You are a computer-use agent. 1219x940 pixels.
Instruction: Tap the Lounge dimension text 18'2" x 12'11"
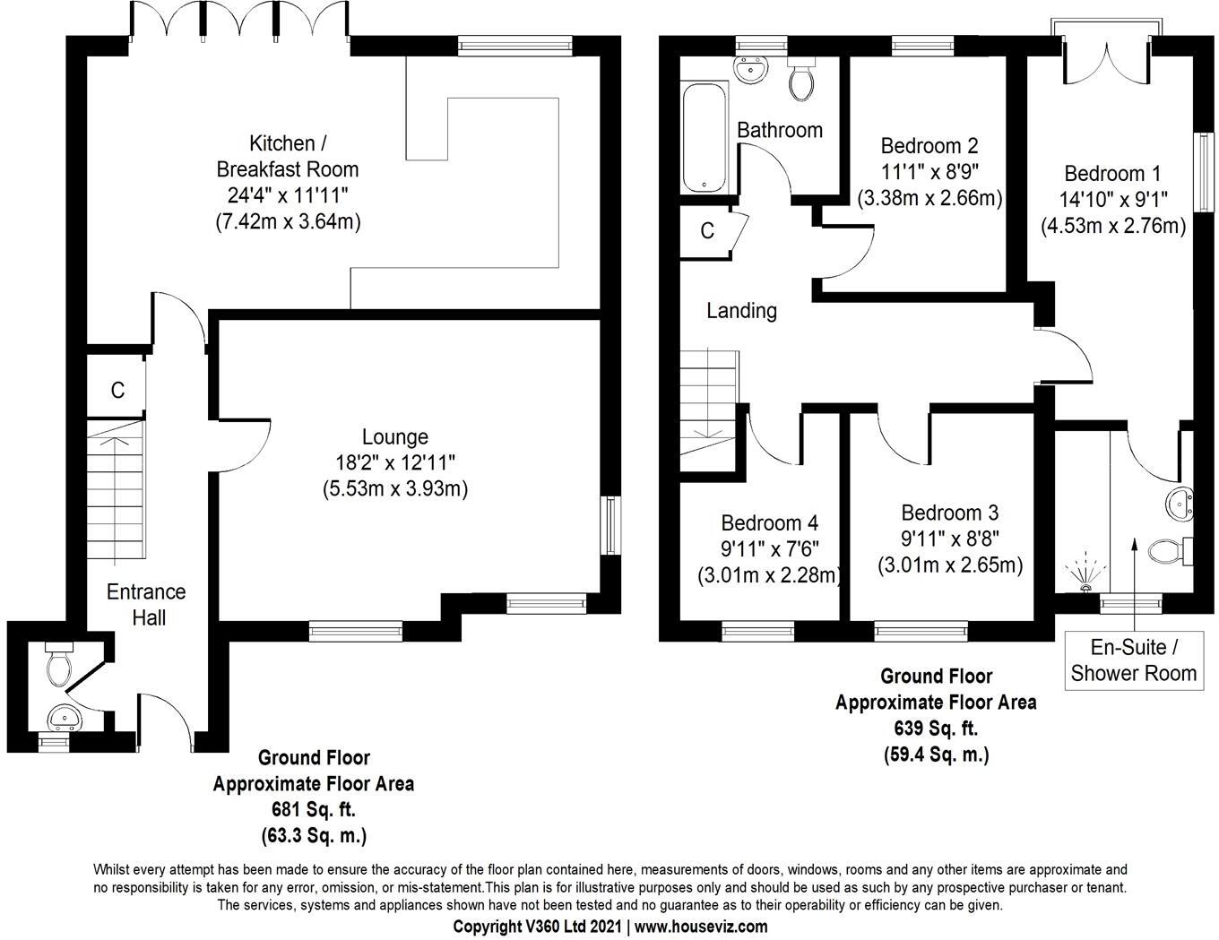point(394,462)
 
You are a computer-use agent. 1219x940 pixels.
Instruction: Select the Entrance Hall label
point(146,604)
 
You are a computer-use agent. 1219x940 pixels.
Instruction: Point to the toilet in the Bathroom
point(801,80)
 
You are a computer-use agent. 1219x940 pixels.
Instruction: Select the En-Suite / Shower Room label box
point(1133,660)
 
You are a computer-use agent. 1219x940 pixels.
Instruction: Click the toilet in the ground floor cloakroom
point(59,666)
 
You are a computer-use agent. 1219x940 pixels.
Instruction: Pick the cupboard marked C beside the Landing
point(707,231)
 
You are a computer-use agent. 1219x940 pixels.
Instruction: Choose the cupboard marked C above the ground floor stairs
point(117,390)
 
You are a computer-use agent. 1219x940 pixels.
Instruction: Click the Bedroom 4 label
point(769,522)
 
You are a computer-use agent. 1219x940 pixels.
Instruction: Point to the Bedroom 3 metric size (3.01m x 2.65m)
point(950,565)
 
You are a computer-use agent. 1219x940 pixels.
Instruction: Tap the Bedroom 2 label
point(929,145)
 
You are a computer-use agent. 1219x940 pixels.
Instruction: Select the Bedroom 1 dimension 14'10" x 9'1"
point(1112,200)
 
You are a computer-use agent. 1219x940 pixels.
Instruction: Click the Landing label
point(741,311)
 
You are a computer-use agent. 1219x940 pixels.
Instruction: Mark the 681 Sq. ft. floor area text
point(313,810)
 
